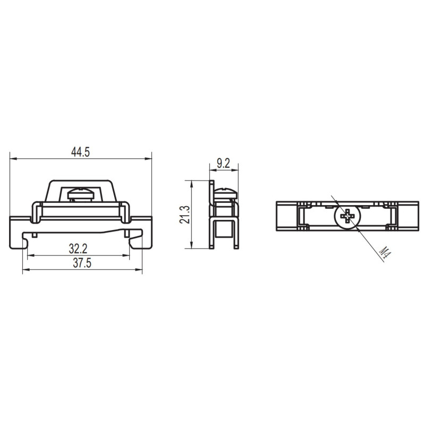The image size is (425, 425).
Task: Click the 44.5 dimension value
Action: (80, 152)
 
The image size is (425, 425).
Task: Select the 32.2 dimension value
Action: (78, 249)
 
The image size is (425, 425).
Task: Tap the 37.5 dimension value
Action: (82, 263)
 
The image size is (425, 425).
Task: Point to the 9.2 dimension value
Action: (223, 164)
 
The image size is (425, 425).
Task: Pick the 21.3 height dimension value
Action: (184, 215)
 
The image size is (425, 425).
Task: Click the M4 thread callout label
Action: (385, 253)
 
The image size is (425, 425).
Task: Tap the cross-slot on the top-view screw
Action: (347, 216)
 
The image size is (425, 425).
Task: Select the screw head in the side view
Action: (226, 193)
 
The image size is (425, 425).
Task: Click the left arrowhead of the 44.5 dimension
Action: (13, 159)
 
